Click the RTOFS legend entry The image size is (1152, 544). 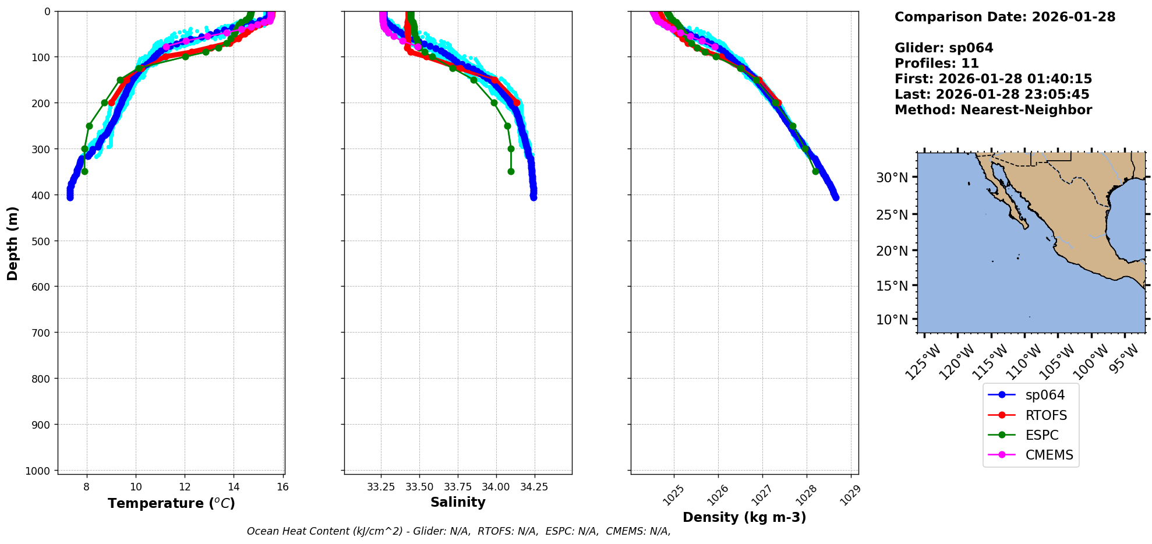[1046, 415]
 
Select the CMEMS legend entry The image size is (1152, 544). [1048, 455]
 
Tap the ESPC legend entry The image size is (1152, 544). [1041, 435]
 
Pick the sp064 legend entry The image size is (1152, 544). [1045, 395]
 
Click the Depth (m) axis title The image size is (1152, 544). [13, 243]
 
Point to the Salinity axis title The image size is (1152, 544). [458, 503]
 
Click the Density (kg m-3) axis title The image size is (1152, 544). [744, 517]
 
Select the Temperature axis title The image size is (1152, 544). [171, 503]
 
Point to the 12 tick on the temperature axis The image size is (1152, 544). [185, 487]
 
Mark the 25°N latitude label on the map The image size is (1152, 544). [892, 215]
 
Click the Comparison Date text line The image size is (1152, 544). [1005, 17]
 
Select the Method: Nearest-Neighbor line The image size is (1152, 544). [993, 110]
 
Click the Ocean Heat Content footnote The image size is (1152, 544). [458, 531]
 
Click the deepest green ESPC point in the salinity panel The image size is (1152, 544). [511, 171]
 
